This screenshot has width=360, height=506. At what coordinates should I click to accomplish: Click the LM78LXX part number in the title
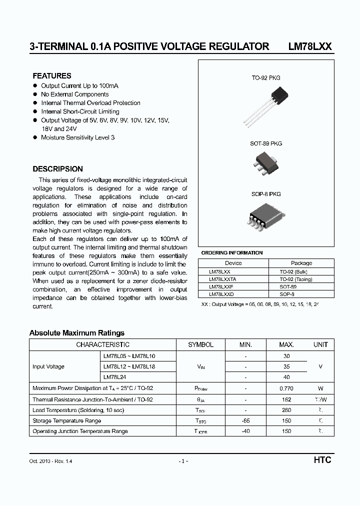point(310,46)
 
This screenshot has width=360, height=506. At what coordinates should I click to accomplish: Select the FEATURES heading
point(52,76)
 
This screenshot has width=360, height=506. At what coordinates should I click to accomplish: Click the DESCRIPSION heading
point(57,169)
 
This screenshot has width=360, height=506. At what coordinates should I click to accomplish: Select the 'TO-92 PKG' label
point(265,78)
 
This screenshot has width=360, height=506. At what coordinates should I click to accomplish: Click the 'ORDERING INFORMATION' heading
point(231,253)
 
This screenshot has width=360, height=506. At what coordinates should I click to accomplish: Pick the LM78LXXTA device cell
point(222,279)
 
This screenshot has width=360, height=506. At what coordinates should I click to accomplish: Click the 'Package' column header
point(301,263)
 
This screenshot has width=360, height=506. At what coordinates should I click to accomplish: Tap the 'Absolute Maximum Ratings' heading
point(77,333)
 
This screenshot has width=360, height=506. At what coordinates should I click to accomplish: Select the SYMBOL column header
point(200,344)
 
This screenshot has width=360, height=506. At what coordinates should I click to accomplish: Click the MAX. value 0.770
point(286,388)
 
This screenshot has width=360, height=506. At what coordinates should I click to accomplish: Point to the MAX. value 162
point(286,399)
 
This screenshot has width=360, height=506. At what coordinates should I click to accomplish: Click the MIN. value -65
point(245,420)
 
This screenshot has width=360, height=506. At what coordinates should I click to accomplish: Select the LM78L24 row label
point(114,377)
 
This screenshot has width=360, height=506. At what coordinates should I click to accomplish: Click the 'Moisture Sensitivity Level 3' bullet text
point(78,137)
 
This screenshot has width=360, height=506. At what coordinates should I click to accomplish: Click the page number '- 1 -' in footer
point(183,460)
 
